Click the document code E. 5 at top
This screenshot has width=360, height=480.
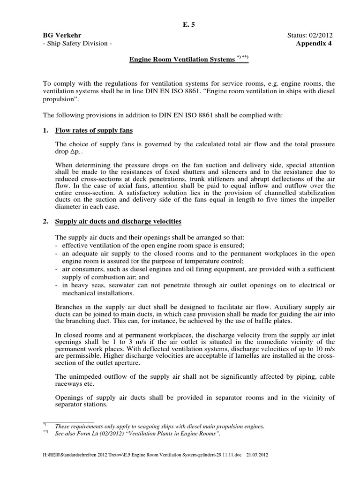tap(180, 26)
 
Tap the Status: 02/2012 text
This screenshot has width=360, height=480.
tap(315, 36)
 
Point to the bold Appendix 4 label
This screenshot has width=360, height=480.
tap(317, 44)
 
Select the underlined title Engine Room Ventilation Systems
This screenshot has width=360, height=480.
tap(181, 60)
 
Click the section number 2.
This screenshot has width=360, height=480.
tap(46, 221)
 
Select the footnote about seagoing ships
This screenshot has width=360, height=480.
tap(159, 426)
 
